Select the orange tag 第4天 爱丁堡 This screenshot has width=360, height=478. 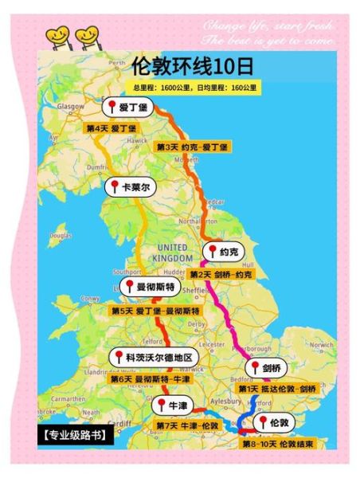coord(111,127)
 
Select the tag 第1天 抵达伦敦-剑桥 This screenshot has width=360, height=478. coord(277,388)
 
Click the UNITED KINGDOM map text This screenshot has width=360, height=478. coord(173,253)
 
